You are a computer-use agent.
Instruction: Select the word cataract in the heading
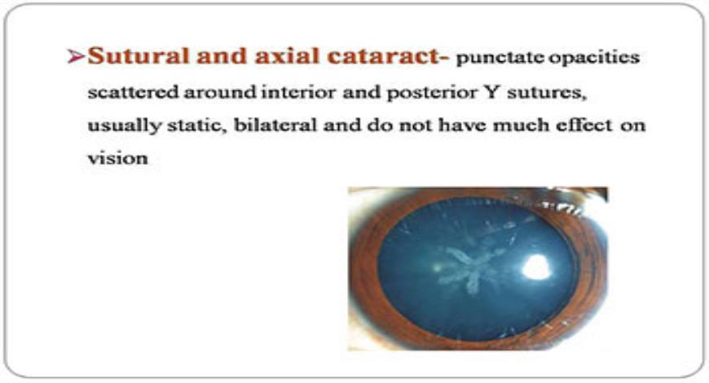pyautogui.click(x=385, y=57)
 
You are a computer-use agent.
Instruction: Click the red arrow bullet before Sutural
pyautogui.click(x=76, y=56)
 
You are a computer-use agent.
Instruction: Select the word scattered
pyautogui.click(x=133, y=92)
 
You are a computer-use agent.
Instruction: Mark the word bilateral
pyautogui.click(x=275, y=125)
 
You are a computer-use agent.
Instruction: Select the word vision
pyautogui.click(x=117, y=158)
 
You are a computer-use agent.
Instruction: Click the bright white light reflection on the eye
pyautogui.click(x=536, y=266)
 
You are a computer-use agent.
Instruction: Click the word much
pyautogui.click(x=519, y=125)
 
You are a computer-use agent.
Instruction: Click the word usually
pyautogui.click(x=125, y=125)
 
